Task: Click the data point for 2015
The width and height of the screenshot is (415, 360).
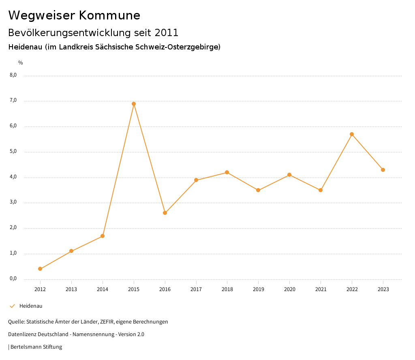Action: click(x=134, y=104)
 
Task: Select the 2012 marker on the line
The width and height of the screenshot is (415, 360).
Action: click(x=40, y=269)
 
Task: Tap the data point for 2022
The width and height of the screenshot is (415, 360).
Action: click(x=352, y=134)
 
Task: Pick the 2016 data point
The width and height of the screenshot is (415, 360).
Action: click(x=165, y=213)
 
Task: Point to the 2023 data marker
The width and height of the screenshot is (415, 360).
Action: click(x=383, y=170)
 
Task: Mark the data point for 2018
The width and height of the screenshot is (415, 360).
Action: click(x=227, y=172)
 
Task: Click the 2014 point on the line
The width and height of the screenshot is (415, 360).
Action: click(x=103, y=236)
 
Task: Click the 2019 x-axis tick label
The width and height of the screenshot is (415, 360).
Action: click(x=258, y=289)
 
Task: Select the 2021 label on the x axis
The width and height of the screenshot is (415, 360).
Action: click(x=321, y=289)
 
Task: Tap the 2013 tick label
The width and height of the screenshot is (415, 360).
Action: click(x=71, y=289)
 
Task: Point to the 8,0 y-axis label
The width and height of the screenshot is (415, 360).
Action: click(x=13, y=75)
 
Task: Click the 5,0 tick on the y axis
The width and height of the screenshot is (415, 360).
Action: click(x=13, y=151)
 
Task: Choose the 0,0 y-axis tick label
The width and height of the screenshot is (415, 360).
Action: click(x=13, y=279)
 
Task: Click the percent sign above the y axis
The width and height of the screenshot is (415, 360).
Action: click(x=21, y=63)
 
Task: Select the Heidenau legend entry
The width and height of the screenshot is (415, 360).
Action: click(x=31, y=306)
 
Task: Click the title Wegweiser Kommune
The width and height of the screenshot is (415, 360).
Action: click(x=74, y=15)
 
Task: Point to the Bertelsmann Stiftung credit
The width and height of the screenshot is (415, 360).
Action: click(x=36, y=347)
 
